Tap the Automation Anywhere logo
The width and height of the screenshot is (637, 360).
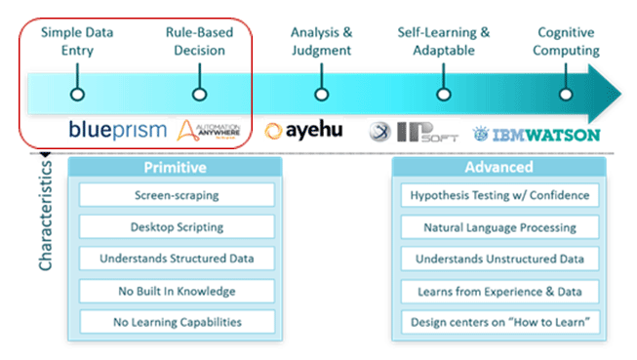coord(212,130)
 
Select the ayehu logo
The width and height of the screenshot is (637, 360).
coord(303,130)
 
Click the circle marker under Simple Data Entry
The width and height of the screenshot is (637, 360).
coord(78,95)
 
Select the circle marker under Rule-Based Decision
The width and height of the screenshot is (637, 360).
coord(199,95)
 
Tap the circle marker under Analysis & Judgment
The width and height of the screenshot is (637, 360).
coord(321,95)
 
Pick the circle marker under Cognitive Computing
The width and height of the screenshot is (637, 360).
coord(566,95)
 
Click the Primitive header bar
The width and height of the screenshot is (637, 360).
coord(176,167)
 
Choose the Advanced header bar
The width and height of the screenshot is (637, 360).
coord(499,167)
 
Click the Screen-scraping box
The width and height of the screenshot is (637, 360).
coord(176,195)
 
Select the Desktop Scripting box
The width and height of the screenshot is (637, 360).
coord(176,227)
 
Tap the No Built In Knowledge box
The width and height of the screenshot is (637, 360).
coord(176,290)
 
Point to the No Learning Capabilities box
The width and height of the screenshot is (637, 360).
coord(176,321)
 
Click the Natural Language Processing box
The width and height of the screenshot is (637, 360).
coord(499,227)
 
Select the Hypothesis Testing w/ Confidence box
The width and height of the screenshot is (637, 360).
coord(499,195)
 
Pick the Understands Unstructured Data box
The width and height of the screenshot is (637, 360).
coord(499,259)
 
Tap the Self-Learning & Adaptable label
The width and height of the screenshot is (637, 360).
coord(443,41)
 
